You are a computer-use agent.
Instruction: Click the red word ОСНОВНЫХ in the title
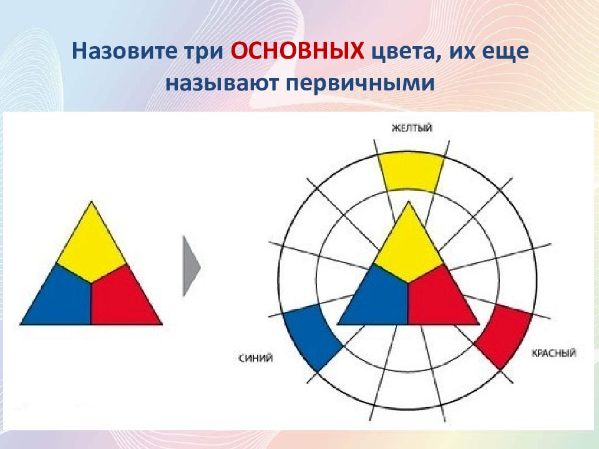[297, 51]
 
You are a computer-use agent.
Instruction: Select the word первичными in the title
[360, 83]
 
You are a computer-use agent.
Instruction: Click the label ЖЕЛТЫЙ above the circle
[412, 128]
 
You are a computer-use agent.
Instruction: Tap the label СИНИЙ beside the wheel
[255, 358]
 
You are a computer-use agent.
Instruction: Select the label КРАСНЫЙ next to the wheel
[553, 353]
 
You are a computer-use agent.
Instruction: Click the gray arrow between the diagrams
[192, 266]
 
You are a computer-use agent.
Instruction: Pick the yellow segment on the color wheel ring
[411, 172]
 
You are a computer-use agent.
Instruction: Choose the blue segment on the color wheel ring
[311, 336]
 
